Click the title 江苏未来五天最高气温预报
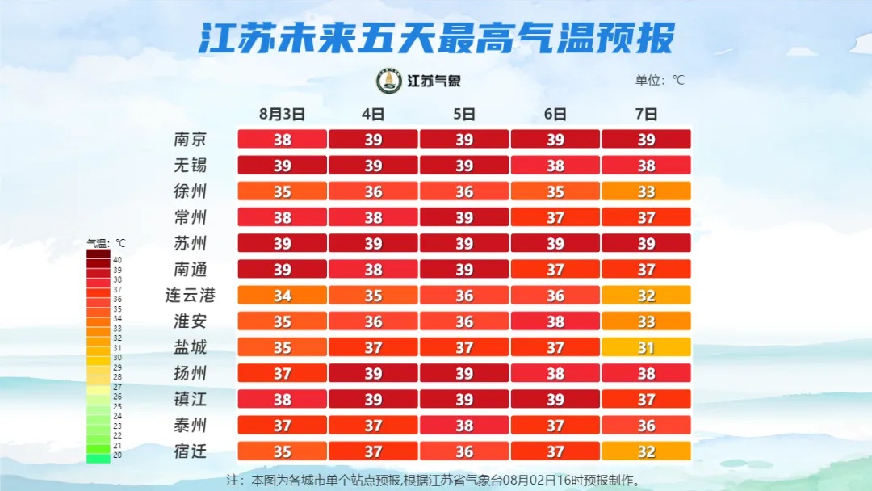(x=436, y=36)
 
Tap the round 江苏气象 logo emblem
(x=389, y=81)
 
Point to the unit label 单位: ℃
(x=660, y=80)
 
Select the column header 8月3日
(x=282, y=114)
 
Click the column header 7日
(x=646, y=114)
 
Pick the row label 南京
(x=191, y=139)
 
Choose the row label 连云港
(x=191, y=295)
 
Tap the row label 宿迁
(x=191, y=451)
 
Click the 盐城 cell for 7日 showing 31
(x=646, y=347)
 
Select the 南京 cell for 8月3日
(x=282, y=139)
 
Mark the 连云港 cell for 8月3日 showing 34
(x=282, y=296)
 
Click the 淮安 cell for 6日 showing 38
(x=555, y=321)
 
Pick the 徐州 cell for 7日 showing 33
(x=646, y=191)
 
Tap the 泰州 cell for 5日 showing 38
(x=463, y=426)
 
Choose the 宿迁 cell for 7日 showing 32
(x=646, y=451)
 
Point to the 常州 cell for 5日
(x=463, y=217)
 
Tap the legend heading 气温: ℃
(x=107, y=242)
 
